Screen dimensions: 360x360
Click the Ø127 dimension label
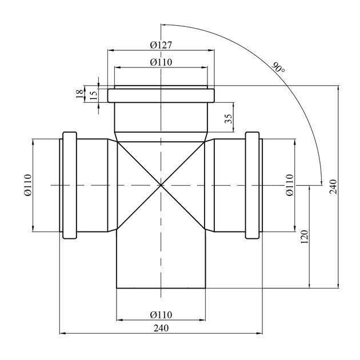tap(161, 45)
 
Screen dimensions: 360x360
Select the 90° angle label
tap(278, 67)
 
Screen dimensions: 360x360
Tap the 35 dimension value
tap(229, 119)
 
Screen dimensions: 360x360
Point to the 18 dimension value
tap(79, 94)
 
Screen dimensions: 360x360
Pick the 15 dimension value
tap(93, 94)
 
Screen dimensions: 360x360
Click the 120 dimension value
tap(304, 237)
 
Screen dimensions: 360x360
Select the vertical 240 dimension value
tap(333, 187)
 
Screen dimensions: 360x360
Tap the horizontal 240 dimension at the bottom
tap(161, 328)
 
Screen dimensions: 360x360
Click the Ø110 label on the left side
tap(27, 185)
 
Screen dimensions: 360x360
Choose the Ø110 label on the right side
tap(290, 185)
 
